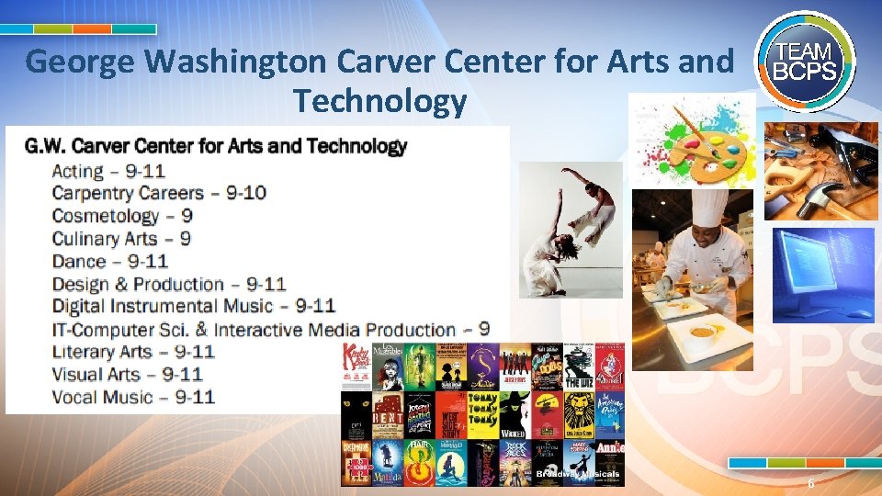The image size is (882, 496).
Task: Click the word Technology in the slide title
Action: pos(379,102)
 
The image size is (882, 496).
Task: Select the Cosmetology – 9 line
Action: pos(122,216)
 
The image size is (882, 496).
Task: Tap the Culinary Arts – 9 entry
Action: pos(121,239)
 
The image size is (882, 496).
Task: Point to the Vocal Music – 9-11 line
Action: pos(133,397)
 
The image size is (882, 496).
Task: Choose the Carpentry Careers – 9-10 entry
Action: pos(159,193)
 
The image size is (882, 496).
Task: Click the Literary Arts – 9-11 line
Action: pos(133,352)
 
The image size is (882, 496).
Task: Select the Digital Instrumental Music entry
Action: pos(193,306)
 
